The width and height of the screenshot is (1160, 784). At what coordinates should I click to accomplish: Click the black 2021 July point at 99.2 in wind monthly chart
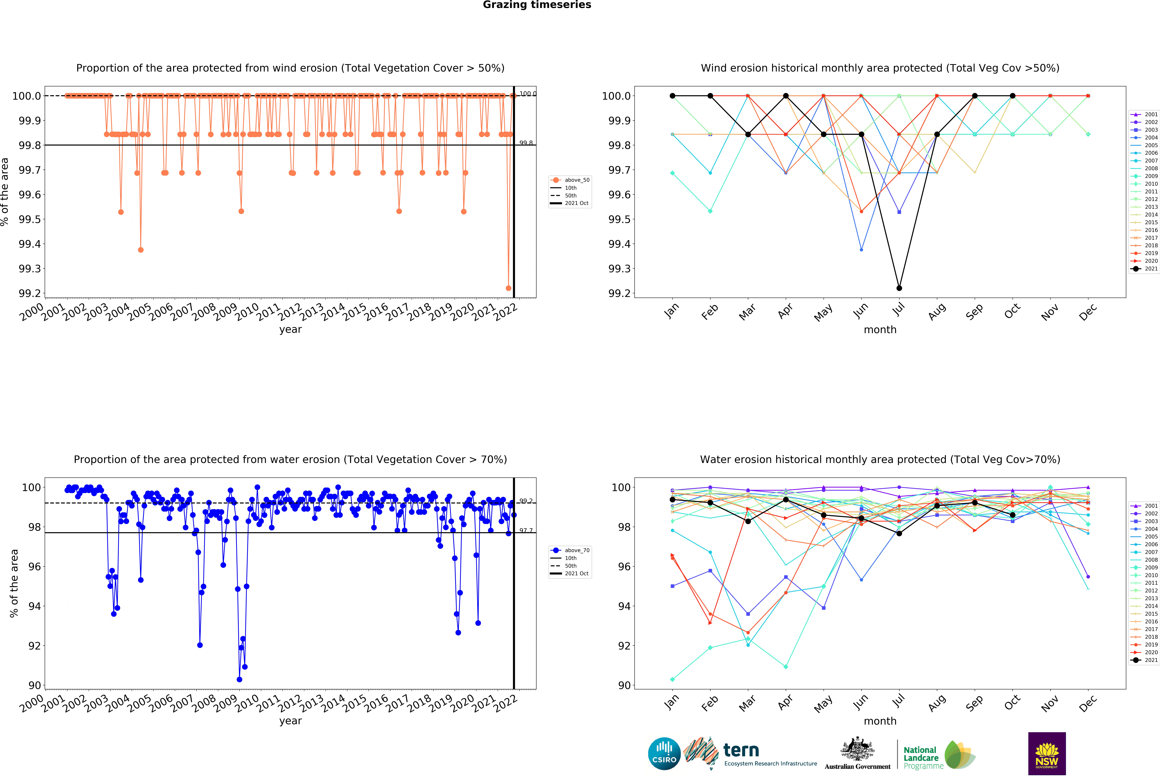coord(899,288)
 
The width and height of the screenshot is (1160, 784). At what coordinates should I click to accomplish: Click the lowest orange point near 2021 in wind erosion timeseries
coord(509,288)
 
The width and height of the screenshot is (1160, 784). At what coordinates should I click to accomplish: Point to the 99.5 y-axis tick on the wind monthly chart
coord(619,220)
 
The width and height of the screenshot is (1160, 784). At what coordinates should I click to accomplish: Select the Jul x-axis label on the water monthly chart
coord(898,701)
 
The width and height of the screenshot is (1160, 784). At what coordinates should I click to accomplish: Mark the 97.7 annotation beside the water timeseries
coord(526,530)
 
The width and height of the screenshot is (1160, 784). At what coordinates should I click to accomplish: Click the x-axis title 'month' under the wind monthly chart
coord(880,329)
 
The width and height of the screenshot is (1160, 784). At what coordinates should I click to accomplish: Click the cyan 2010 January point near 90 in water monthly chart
coord(672,679)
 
